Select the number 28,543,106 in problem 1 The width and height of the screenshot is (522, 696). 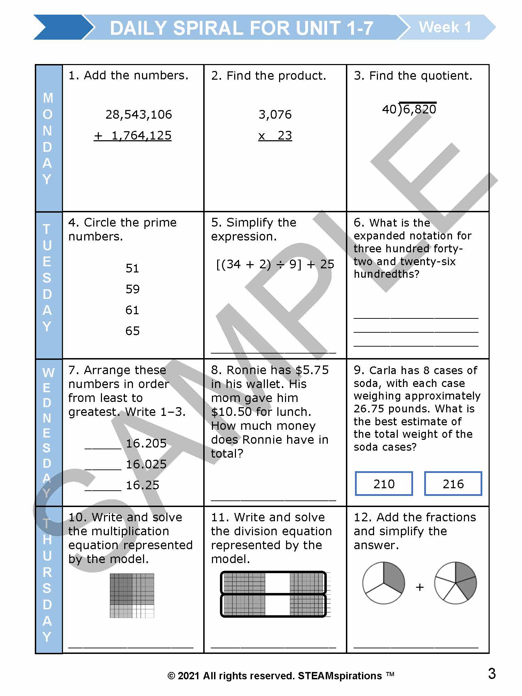139,114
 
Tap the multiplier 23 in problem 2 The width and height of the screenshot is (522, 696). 285,135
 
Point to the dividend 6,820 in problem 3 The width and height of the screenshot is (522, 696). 419,109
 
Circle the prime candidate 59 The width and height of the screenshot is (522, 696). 132,289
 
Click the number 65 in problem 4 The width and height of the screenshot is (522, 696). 132,331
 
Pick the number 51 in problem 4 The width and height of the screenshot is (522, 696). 132,268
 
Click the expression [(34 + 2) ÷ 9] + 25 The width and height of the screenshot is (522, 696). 275,264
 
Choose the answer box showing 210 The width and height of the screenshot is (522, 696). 384,484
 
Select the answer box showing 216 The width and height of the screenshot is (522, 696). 453,484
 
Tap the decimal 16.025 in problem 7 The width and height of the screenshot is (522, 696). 146,464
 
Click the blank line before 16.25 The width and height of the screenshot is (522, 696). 103,490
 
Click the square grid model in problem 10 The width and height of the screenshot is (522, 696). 132,595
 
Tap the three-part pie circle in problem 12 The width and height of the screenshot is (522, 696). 383,583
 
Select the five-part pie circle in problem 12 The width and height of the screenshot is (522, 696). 456,583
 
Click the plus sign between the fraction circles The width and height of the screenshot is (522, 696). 420,587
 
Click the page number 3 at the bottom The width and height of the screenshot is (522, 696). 492,674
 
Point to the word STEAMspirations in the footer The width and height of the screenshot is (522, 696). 340,676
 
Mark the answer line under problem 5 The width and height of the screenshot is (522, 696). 274,352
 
